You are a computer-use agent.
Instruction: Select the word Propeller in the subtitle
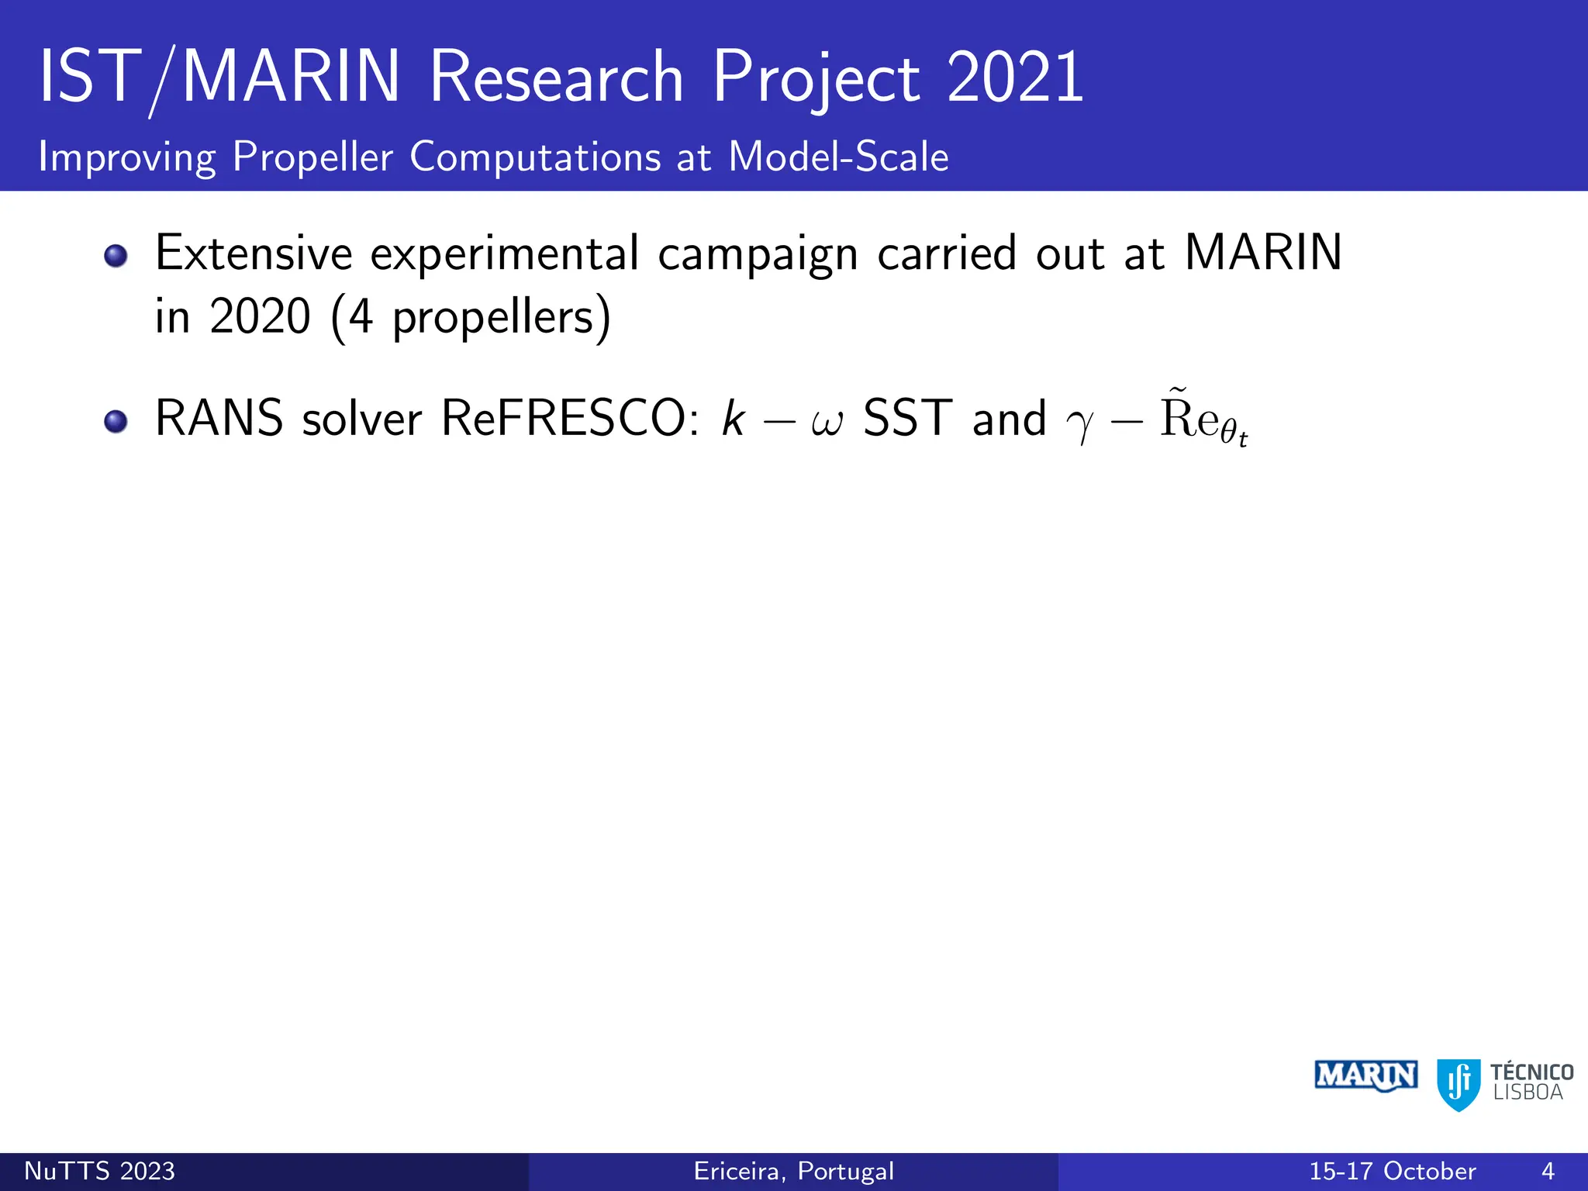tap(312, 157)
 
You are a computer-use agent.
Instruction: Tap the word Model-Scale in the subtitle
tap(838, 157)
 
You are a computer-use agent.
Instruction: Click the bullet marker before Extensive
tap(116, 255)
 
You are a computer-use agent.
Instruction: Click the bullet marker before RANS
tap(116, 421)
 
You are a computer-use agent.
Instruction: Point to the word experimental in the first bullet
tap(505, 254)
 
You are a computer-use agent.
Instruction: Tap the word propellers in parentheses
tap(493, 318)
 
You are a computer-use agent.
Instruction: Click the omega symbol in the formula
tap(827, 421)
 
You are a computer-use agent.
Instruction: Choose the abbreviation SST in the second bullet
tap(907, 419)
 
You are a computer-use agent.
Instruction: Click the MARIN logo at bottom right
tap(1366, 1076)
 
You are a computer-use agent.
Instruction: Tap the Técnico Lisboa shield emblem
tap(1458, 1084)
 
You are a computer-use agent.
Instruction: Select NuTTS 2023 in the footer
tap(100, 1171)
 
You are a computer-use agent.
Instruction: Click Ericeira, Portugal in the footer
tap(793, 1171)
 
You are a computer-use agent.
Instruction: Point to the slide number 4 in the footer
tap(1548, 1171)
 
